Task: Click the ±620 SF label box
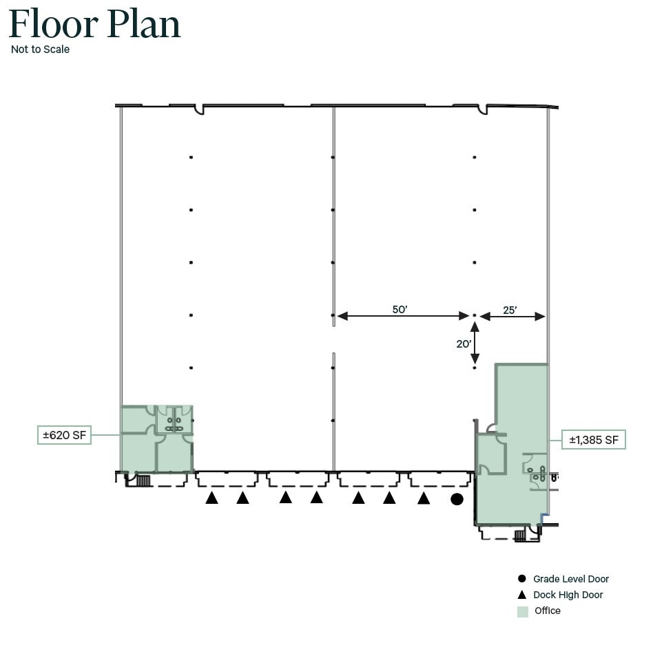tap(64, 435)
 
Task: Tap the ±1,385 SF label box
tap(594, 439)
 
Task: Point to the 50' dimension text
tap(400, 309)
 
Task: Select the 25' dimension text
tap(510, 310)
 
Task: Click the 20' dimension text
tap(464, 343)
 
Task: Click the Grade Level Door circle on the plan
tap(457, 499)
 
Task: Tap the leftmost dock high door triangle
tap(211, 498)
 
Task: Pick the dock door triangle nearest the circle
tap(424, 498)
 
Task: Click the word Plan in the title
tap(144, 23)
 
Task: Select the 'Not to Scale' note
tap(41, 49)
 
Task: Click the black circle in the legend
tap(522, 578)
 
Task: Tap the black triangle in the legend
tap(522, 595)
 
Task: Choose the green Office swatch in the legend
tap(523, 611)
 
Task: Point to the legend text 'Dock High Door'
tap(568, 595)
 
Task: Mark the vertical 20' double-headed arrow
tap(475, 343)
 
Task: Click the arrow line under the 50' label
tap(403, 316)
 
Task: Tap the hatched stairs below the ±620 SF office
tap(143, 480)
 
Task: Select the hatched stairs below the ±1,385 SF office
tap(520, 536)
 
